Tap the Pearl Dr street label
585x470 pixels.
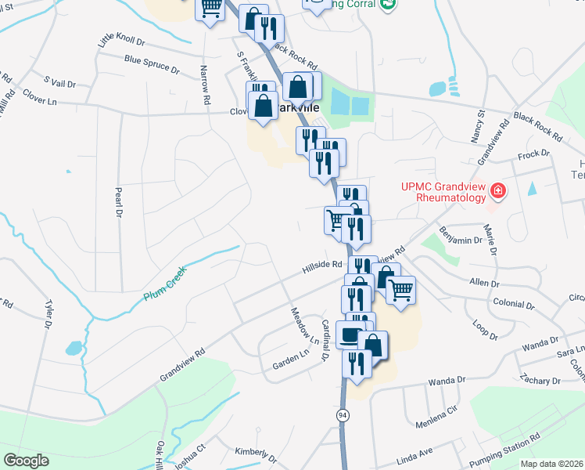[x=119, y=201]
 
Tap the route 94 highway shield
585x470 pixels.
[x=343, y=415]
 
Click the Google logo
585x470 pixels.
[x=27, y=460]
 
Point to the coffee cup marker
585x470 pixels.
[x=350, y=334]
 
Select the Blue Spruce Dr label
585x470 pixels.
[x=152, y=63]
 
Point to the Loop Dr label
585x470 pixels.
[x=486, y=330]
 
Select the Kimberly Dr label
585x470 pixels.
[x=256, y=454]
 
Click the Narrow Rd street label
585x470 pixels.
[x=206, y=85]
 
